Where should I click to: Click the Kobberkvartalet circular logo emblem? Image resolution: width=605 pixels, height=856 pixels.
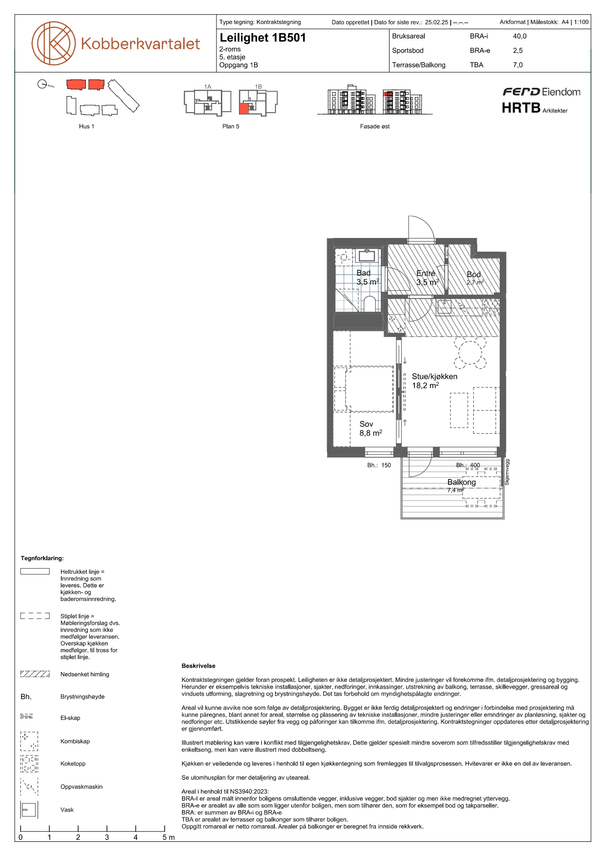click(54, 43)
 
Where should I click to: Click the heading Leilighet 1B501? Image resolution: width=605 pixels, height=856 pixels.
click(263, 38)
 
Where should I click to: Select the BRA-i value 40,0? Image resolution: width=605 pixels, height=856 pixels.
click(520, 36)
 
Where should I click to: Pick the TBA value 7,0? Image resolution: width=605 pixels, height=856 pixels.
click(518, 65)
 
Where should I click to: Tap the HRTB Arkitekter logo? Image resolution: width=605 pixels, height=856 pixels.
click(535, 108)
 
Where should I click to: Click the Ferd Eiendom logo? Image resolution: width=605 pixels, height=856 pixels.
click(541, 92)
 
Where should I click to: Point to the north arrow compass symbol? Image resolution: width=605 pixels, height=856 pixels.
click(42, 84)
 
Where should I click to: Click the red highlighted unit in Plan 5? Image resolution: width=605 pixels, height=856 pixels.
click(244, 108)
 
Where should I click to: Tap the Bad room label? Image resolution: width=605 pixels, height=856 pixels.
click(364, 273)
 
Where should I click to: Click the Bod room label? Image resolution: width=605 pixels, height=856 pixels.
click(474, 275)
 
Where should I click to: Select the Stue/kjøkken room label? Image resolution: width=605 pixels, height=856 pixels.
click(435, 377)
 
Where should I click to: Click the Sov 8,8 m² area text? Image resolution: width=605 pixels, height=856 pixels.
click(371, 433)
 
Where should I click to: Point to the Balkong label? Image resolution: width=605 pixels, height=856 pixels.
click(462, 482)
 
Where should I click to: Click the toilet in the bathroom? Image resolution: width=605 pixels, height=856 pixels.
click(370, 304)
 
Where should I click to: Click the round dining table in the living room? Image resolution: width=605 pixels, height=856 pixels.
click(470, 353)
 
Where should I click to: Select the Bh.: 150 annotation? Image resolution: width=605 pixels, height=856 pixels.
click(379, 465)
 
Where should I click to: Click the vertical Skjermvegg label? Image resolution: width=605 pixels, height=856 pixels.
click(507, 472)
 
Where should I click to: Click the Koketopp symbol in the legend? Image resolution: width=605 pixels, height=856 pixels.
click(29, 764)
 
